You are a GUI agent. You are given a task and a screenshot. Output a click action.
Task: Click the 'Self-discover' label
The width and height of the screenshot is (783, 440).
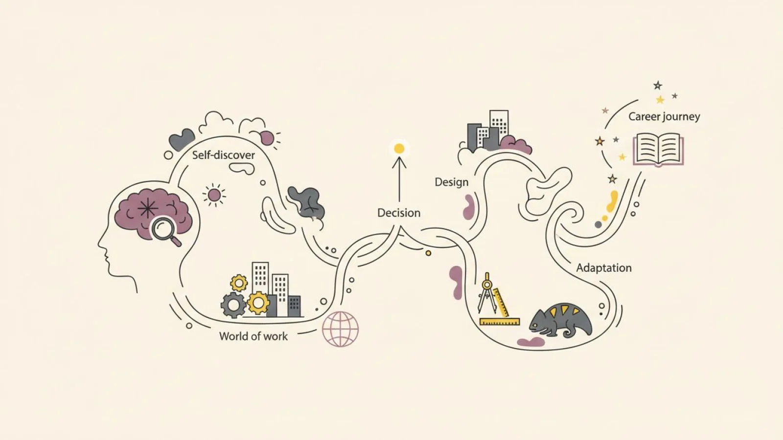tap(223, 155)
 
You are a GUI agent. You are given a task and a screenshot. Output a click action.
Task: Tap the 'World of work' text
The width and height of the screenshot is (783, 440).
tap(253, 336)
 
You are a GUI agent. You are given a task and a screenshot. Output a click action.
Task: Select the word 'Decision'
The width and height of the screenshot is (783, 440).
tap(399, 213)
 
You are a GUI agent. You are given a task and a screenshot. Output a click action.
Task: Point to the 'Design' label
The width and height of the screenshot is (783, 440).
tap(451, 182)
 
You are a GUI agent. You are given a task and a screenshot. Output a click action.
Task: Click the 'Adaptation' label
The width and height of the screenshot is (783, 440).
tap(604, 268)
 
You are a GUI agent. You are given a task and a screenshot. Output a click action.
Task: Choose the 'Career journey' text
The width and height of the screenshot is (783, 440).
tap(664, 117)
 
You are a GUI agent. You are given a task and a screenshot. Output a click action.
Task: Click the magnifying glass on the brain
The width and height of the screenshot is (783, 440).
tap(165, 231)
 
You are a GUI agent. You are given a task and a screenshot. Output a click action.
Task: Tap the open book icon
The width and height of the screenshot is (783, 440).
tap(658, 149)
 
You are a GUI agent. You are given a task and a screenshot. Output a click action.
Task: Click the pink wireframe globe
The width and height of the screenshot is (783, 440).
tap(340, 329)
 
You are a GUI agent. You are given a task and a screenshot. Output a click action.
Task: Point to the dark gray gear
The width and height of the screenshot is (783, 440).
tap(233, 305)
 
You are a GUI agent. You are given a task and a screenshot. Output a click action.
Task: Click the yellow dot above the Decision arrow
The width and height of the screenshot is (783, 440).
tap(399, 149)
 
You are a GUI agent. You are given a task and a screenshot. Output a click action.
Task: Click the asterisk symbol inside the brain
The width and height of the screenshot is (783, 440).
tap(147, 208)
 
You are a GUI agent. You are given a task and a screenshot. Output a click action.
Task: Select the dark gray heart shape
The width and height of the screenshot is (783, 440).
tap(182, 139)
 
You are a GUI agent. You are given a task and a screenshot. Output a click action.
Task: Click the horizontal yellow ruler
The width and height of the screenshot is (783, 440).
tap(500, 322)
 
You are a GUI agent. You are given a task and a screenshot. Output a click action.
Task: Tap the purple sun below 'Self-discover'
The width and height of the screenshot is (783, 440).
tap(214, 195)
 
